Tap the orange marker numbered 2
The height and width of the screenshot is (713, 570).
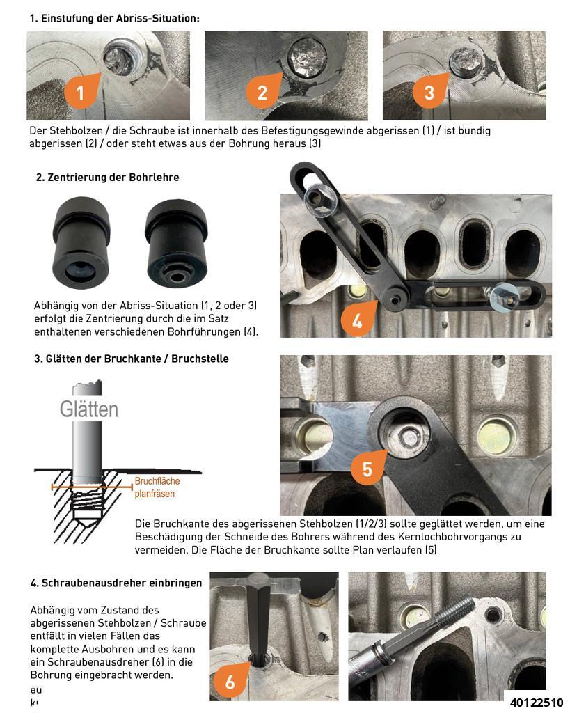coord(262,93)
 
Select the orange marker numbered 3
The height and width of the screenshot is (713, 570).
coord(429,92)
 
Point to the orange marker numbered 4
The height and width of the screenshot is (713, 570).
coord(357,321)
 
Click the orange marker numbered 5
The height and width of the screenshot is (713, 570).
coord(367,469)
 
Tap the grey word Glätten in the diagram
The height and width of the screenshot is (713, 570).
coord(88,409)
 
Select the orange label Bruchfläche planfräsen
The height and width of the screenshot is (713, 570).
coord(157,487)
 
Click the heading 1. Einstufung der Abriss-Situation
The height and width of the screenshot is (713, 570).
coord(114,19)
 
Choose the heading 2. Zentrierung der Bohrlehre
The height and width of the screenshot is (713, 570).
coord(107,178)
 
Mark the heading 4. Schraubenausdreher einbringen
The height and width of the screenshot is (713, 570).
coord(116,583)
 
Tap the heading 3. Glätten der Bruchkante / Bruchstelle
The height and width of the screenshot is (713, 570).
coord(132,359)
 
